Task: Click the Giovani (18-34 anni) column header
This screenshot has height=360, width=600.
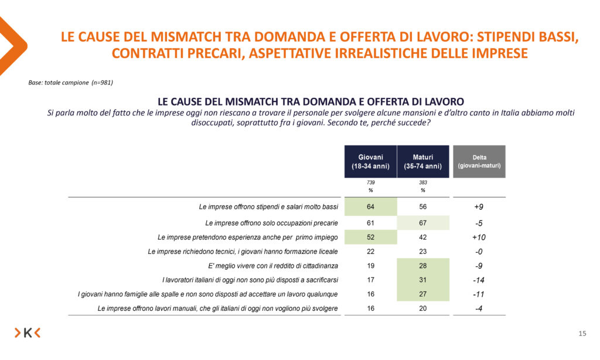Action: (370, 161)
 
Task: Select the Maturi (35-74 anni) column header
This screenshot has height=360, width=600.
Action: (423, 161)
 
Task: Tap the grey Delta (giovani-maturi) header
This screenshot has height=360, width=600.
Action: (479, 161)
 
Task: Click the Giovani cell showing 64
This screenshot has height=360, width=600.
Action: (370, 207)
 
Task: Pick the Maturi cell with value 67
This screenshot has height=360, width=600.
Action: (423, 223)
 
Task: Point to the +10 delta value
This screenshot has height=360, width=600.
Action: (479, 237)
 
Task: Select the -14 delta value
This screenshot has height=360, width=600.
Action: (479, 280)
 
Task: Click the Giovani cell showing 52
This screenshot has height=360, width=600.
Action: (370, 237)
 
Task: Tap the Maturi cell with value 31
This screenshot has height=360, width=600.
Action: (423, 280)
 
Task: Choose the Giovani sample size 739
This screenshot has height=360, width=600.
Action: (370, 183)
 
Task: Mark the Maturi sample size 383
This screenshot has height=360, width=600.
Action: (423, 183)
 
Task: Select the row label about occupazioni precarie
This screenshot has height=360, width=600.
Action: (271, 223)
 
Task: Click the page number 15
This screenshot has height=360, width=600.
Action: (582, 334)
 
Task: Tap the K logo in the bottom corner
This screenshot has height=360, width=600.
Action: (28, 333)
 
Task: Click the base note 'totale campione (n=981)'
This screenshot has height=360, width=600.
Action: (70, 83)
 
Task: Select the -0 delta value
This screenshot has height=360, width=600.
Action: (479, 252)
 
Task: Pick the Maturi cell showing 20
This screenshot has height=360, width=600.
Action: (423, 309)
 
